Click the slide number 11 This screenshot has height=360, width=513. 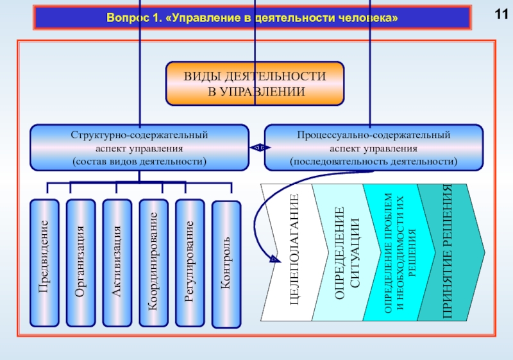500,15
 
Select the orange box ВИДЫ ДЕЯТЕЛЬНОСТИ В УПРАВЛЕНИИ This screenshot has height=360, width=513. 255,84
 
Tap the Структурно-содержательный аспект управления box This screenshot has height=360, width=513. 139,148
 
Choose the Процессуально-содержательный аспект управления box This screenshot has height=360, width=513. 373,148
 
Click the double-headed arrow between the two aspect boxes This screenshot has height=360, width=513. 256,148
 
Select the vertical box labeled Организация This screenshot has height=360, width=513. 81,262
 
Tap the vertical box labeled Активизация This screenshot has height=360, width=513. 117,262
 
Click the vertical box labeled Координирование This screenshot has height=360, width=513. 153,262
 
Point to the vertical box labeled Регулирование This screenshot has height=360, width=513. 190,262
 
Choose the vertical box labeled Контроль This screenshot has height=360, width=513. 226,264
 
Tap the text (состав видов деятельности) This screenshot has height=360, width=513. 139,160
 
